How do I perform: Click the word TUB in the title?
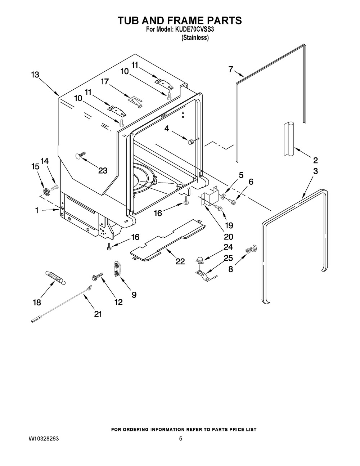click(129, 21)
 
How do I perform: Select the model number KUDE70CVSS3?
click(194, 30)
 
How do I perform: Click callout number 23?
click(103, 171)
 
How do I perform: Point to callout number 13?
click(35, 75)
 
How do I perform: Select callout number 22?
click(180, 261)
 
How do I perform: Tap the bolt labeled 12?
click(98, 276)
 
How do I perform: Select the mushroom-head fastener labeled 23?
click(81, 155)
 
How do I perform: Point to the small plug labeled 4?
click(190, 141)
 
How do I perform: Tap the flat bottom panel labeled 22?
click(168, 239)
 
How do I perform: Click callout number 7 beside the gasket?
click(230, 69)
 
